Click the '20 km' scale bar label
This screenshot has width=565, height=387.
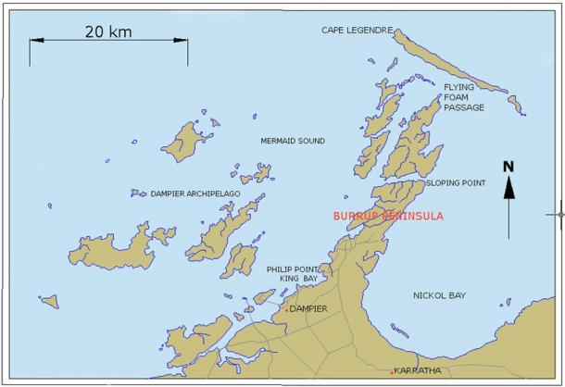[108, 31]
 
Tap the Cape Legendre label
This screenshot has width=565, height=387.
[358, 30]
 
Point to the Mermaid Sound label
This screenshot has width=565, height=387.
[293, 141]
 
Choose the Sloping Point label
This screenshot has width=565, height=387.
[456, 183]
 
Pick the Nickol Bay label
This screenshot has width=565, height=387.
[439, 295]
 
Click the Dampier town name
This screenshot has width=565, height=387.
[309, 309]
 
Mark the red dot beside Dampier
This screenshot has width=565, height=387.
[286, 308]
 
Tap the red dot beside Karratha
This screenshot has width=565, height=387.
[393, 370]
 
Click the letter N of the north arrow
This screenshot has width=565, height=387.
[508, 167]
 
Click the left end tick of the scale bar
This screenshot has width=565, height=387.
[30, 51]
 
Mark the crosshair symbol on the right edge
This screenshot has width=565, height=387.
[559, 214]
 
